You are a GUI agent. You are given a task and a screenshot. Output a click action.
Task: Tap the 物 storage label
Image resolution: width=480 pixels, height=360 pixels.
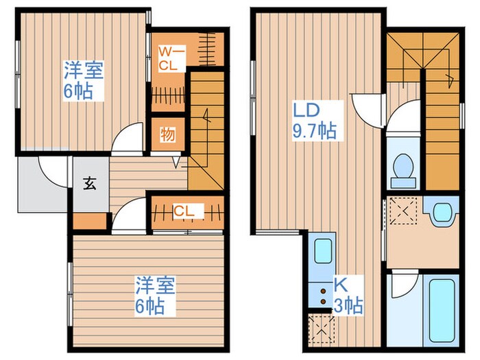[168, 134]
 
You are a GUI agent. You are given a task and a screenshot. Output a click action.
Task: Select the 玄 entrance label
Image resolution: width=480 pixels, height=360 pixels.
[91, 183]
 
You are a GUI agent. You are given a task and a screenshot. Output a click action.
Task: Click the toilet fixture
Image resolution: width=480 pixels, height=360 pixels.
[403, 169]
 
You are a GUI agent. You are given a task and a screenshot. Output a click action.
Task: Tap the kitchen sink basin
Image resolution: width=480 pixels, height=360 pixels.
[322, 252]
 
